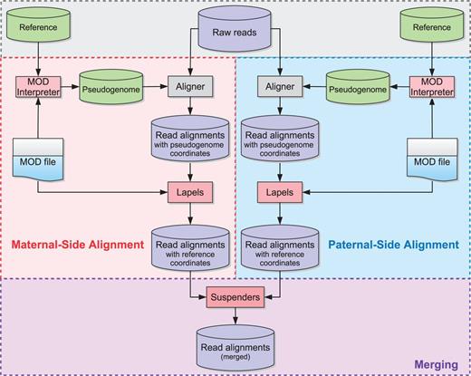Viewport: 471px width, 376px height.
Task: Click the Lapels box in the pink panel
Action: point(190,193)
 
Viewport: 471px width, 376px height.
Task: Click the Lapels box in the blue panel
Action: point(280,193)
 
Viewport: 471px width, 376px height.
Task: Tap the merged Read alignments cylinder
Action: point(235,345)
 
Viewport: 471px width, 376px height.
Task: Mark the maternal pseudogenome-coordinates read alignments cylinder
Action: point(190,140)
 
